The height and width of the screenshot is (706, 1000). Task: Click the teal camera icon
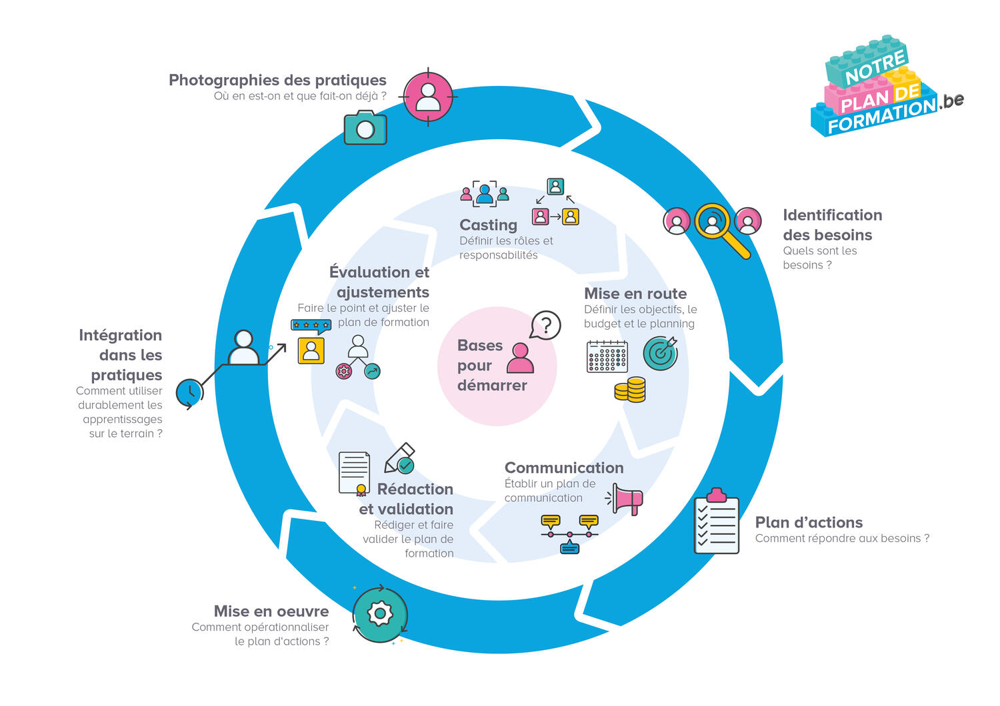[365, 128]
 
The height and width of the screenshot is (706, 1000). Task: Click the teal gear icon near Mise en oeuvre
[379, 613]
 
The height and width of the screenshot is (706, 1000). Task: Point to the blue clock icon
[190, 392]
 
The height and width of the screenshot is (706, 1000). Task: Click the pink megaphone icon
[626, 499]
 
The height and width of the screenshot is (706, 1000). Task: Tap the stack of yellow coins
[630, 390]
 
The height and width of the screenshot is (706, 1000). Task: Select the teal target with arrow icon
[661, 353]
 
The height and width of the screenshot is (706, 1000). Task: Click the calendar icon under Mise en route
[607, 356]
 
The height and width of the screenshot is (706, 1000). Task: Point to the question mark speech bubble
[546, 326]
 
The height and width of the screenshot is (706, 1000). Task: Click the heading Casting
[488, 225]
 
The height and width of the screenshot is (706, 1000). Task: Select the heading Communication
[564, 468]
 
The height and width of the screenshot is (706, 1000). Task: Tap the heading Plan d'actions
[809, 522]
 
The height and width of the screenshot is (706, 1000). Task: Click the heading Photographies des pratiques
[277, 80]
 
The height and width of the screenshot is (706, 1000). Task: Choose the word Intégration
[120, 335]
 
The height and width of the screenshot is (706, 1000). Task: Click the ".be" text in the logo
[951, 101]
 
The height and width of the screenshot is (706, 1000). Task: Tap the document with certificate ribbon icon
[355, 474]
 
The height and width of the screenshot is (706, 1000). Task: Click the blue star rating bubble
[311, 326]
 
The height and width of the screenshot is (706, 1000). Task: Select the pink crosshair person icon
[428, 97]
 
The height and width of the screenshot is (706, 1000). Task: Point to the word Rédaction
[415, 489]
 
